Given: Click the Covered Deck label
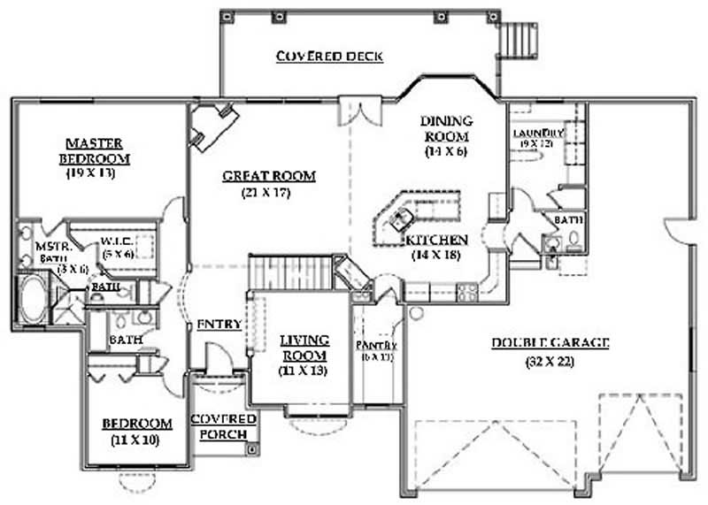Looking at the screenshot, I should pos(328,57).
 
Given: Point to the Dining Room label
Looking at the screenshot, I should pos(446,129).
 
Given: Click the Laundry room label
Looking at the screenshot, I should pos(537,134).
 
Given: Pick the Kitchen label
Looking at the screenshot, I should pos(436,240).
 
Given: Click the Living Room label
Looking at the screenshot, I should pos(304,348).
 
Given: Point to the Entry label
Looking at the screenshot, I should pos(219,324).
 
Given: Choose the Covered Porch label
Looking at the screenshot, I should pos(224,425).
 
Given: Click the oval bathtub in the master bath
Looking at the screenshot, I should pos(33,302).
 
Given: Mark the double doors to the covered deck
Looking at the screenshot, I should pos(361,111).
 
